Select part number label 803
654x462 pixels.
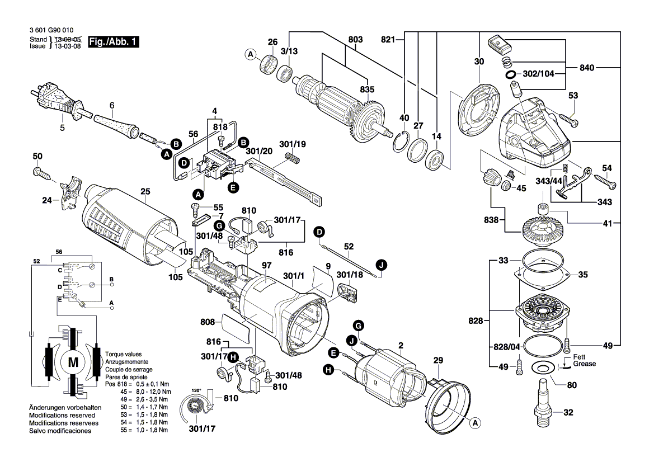click(x=355, y=40)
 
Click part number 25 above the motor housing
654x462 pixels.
click(x=145, y=192)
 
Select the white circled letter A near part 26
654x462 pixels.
click(x=251, y=54)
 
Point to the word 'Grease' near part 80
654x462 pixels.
click(x=584, y=364)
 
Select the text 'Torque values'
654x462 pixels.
click(x=123, y=355)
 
